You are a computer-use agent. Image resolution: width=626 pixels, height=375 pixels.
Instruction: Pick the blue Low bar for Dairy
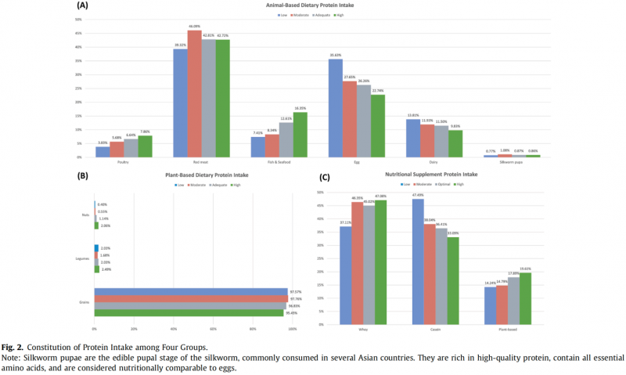pyautogui.click(x=412, y=138)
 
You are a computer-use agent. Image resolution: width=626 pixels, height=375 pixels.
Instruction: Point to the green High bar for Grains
pyautogui.click(x=188, y=312)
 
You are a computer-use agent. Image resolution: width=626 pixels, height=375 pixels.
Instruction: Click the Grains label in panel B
pyautogui.click(x=84, y=301)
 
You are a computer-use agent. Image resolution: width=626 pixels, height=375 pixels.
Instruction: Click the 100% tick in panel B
pyautogui.click(x=292, y=329)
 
